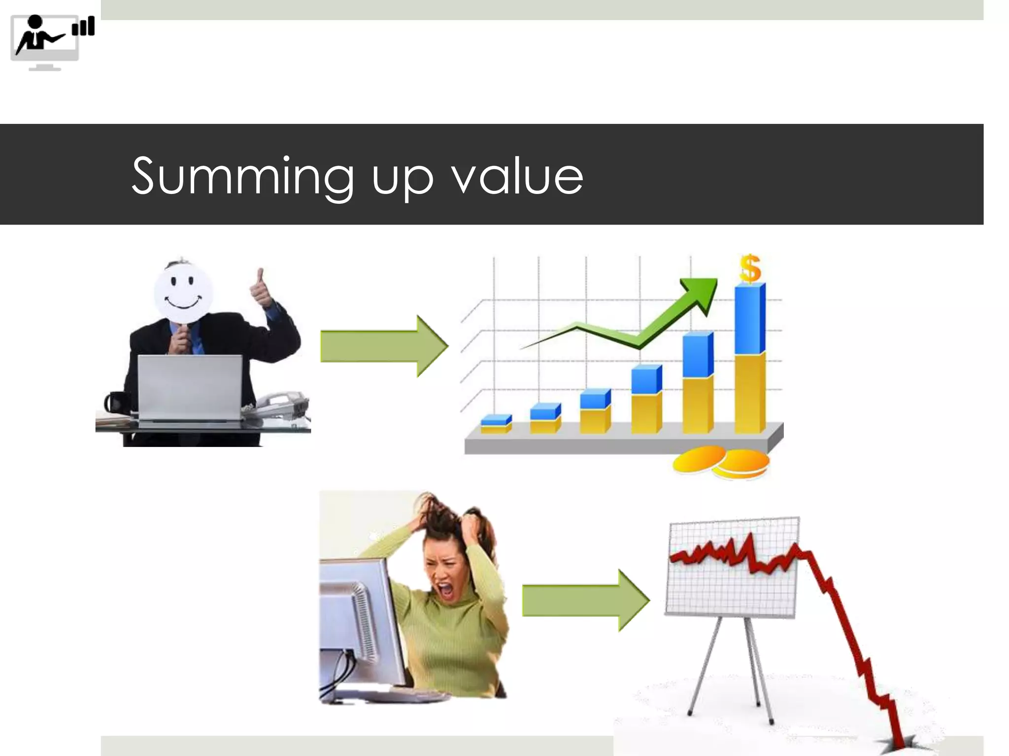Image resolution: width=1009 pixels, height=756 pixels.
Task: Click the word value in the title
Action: (x=517, y=176)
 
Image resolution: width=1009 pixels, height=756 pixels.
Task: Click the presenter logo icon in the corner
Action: (x=52, y=42)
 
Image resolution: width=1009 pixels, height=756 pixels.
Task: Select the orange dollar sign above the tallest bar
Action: (x=750, y=268)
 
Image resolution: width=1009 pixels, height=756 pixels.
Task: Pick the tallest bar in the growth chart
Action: (x=749, y=359)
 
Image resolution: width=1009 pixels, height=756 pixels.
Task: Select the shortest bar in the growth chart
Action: (x=496, y=424)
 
